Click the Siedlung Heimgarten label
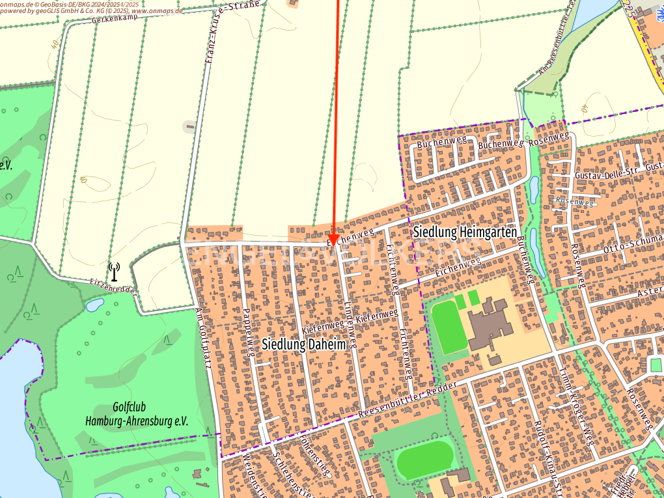point(465,232)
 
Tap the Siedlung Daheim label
point(303,344)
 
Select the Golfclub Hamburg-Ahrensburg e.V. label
point(137,414)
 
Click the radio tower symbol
point(115,271)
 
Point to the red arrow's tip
point(333,245)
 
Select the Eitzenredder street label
point(113,284)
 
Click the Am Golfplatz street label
point(204,338)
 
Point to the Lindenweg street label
point(350,323)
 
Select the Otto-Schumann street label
point(631,246)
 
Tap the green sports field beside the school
point(449,327)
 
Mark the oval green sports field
point(425,460)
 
